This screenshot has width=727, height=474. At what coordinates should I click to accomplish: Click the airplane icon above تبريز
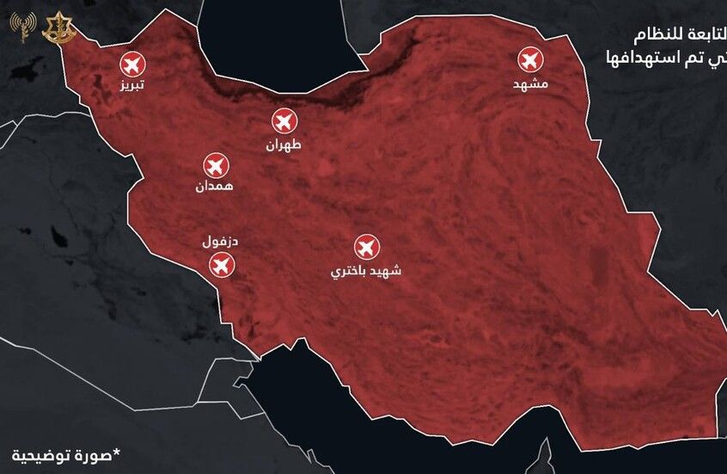click(x=132, y=64)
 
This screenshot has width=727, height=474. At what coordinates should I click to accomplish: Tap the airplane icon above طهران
click(x=284, y=121)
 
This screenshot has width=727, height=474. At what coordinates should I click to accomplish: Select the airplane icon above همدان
click(x=215, y=164)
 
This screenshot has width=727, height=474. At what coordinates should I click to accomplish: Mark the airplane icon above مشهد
click(x=530, y=60)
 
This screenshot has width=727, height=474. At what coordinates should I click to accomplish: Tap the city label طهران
click(x=284, y=145)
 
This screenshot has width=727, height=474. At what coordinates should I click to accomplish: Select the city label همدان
click(x=214, y=186)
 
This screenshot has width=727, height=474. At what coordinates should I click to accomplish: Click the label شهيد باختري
click(x=366, y=271)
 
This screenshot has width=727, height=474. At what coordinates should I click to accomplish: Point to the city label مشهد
click(x=530, y=83)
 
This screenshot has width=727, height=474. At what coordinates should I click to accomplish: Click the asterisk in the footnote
click(x=117, y=450)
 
